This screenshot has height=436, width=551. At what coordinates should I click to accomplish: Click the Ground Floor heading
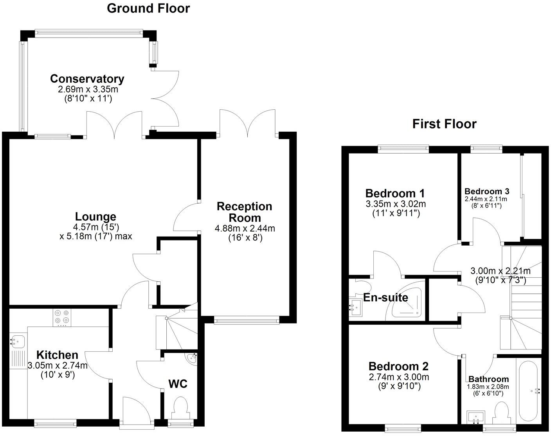(x=148, y=8)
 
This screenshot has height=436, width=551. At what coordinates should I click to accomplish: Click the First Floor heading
(x=444, y=124)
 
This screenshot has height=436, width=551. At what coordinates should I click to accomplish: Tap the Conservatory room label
(x=87, y=79)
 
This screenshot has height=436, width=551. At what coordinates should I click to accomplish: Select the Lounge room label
(x=95, y=217)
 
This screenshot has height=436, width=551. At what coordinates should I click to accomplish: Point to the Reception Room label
(x=245, y=212)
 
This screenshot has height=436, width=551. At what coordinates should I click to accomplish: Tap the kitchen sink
(x=17, y=341)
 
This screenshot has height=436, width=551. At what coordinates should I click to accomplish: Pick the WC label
(x=178, y=384)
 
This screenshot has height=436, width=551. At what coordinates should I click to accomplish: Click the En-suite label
(x=385, y=298)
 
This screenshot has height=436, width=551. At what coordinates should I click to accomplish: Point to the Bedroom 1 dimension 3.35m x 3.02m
(x=395, y=204)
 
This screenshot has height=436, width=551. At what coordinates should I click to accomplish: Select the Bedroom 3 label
(x=487, y=192)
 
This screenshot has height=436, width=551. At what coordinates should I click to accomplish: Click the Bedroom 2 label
(x=398, y=367)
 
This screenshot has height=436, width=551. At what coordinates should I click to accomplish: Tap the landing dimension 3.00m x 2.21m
(x=500, y=271)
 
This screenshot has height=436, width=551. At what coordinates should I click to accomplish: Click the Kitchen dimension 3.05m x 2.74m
(x=58, y=365)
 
